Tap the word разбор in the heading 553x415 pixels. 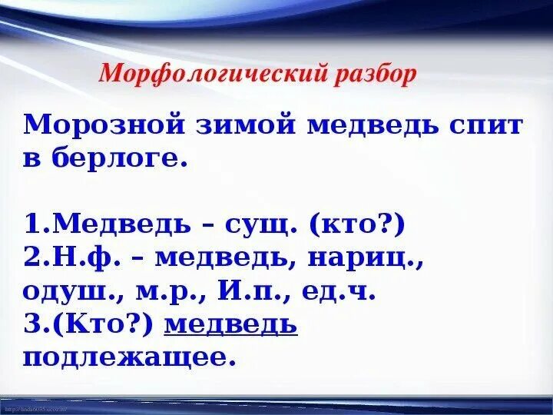[x=376, y=74]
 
